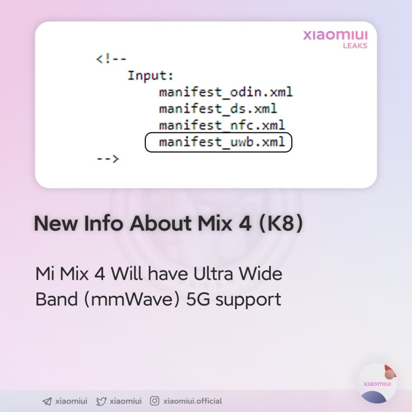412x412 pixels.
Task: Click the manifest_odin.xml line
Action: click(x=226, y=92)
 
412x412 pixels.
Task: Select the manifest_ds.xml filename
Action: click(x=218, y=109)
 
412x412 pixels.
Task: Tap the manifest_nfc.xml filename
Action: click(x=222, y=125)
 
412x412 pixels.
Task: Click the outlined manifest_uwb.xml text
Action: click(x=222, y=142)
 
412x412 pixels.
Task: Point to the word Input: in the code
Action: click(x=150, y=76)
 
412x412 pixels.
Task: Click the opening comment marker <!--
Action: click(x=111, y=59)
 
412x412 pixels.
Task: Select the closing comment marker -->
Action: click(x=108, y=159)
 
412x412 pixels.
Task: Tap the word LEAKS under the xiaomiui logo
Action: click(x=355, y=46)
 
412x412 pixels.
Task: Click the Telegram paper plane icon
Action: click(x=47, y=401)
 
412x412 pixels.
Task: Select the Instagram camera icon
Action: click(x=154, y=401)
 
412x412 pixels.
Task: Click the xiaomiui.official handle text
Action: click(x=192, y=401)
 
